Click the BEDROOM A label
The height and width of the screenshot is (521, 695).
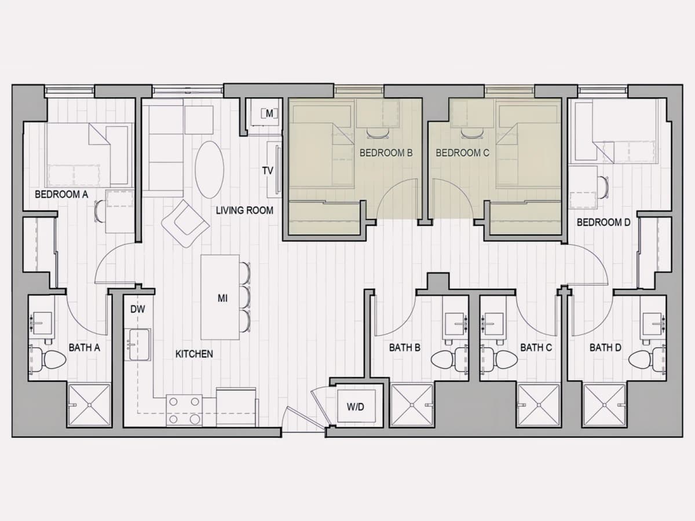61,194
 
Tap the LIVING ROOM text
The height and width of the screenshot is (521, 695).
244,210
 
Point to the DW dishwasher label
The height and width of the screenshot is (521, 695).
138,309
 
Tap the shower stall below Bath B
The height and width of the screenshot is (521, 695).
412,405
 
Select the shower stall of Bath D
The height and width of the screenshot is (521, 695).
605,405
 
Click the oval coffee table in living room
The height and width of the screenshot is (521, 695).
209,170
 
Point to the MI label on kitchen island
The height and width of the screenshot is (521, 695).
222,298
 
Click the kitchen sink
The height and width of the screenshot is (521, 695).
138,345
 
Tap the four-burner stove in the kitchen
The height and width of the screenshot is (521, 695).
185,410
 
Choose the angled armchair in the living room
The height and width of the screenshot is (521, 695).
185,223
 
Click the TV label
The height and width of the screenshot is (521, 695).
268,171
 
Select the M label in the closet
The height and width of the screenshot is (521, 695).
269,113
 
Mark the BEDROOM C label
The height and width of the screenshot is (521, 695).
462,153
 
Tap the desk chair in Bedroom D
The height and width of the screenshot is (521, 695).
603,187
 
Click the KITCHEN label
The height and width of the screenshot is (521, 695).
194,354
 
